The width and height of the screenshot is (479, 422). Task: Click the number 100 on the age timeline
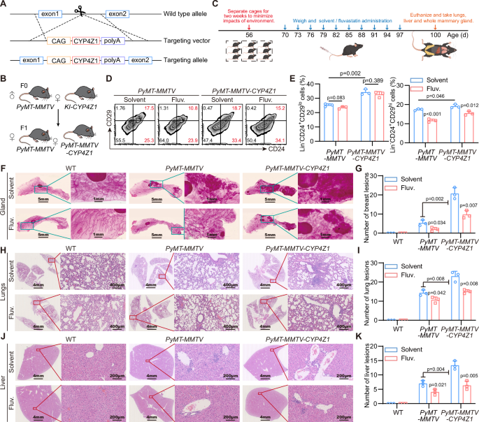(x=435, y=34)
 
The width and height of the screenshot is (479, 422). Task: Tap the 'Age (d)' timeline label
(x=461, y=34)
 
